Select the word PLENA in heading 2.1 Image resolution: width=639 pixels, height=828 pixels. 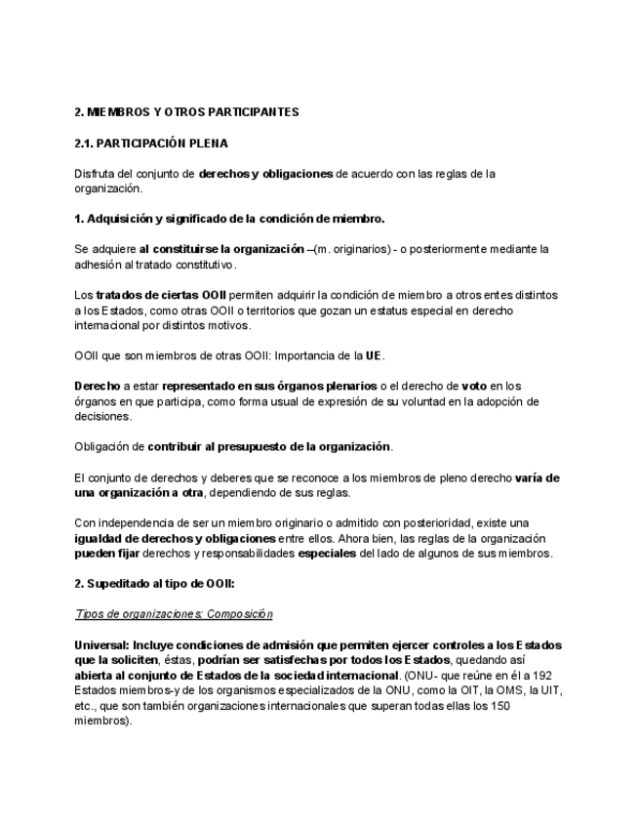[208, 144]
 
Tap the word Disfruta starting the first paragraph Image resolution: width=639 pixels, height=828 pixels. [96, 174]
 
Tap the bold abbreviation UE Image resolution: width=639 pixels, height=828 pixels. [373, 354]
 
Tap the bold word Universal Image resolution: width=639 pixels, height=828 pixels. [100, 645]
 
